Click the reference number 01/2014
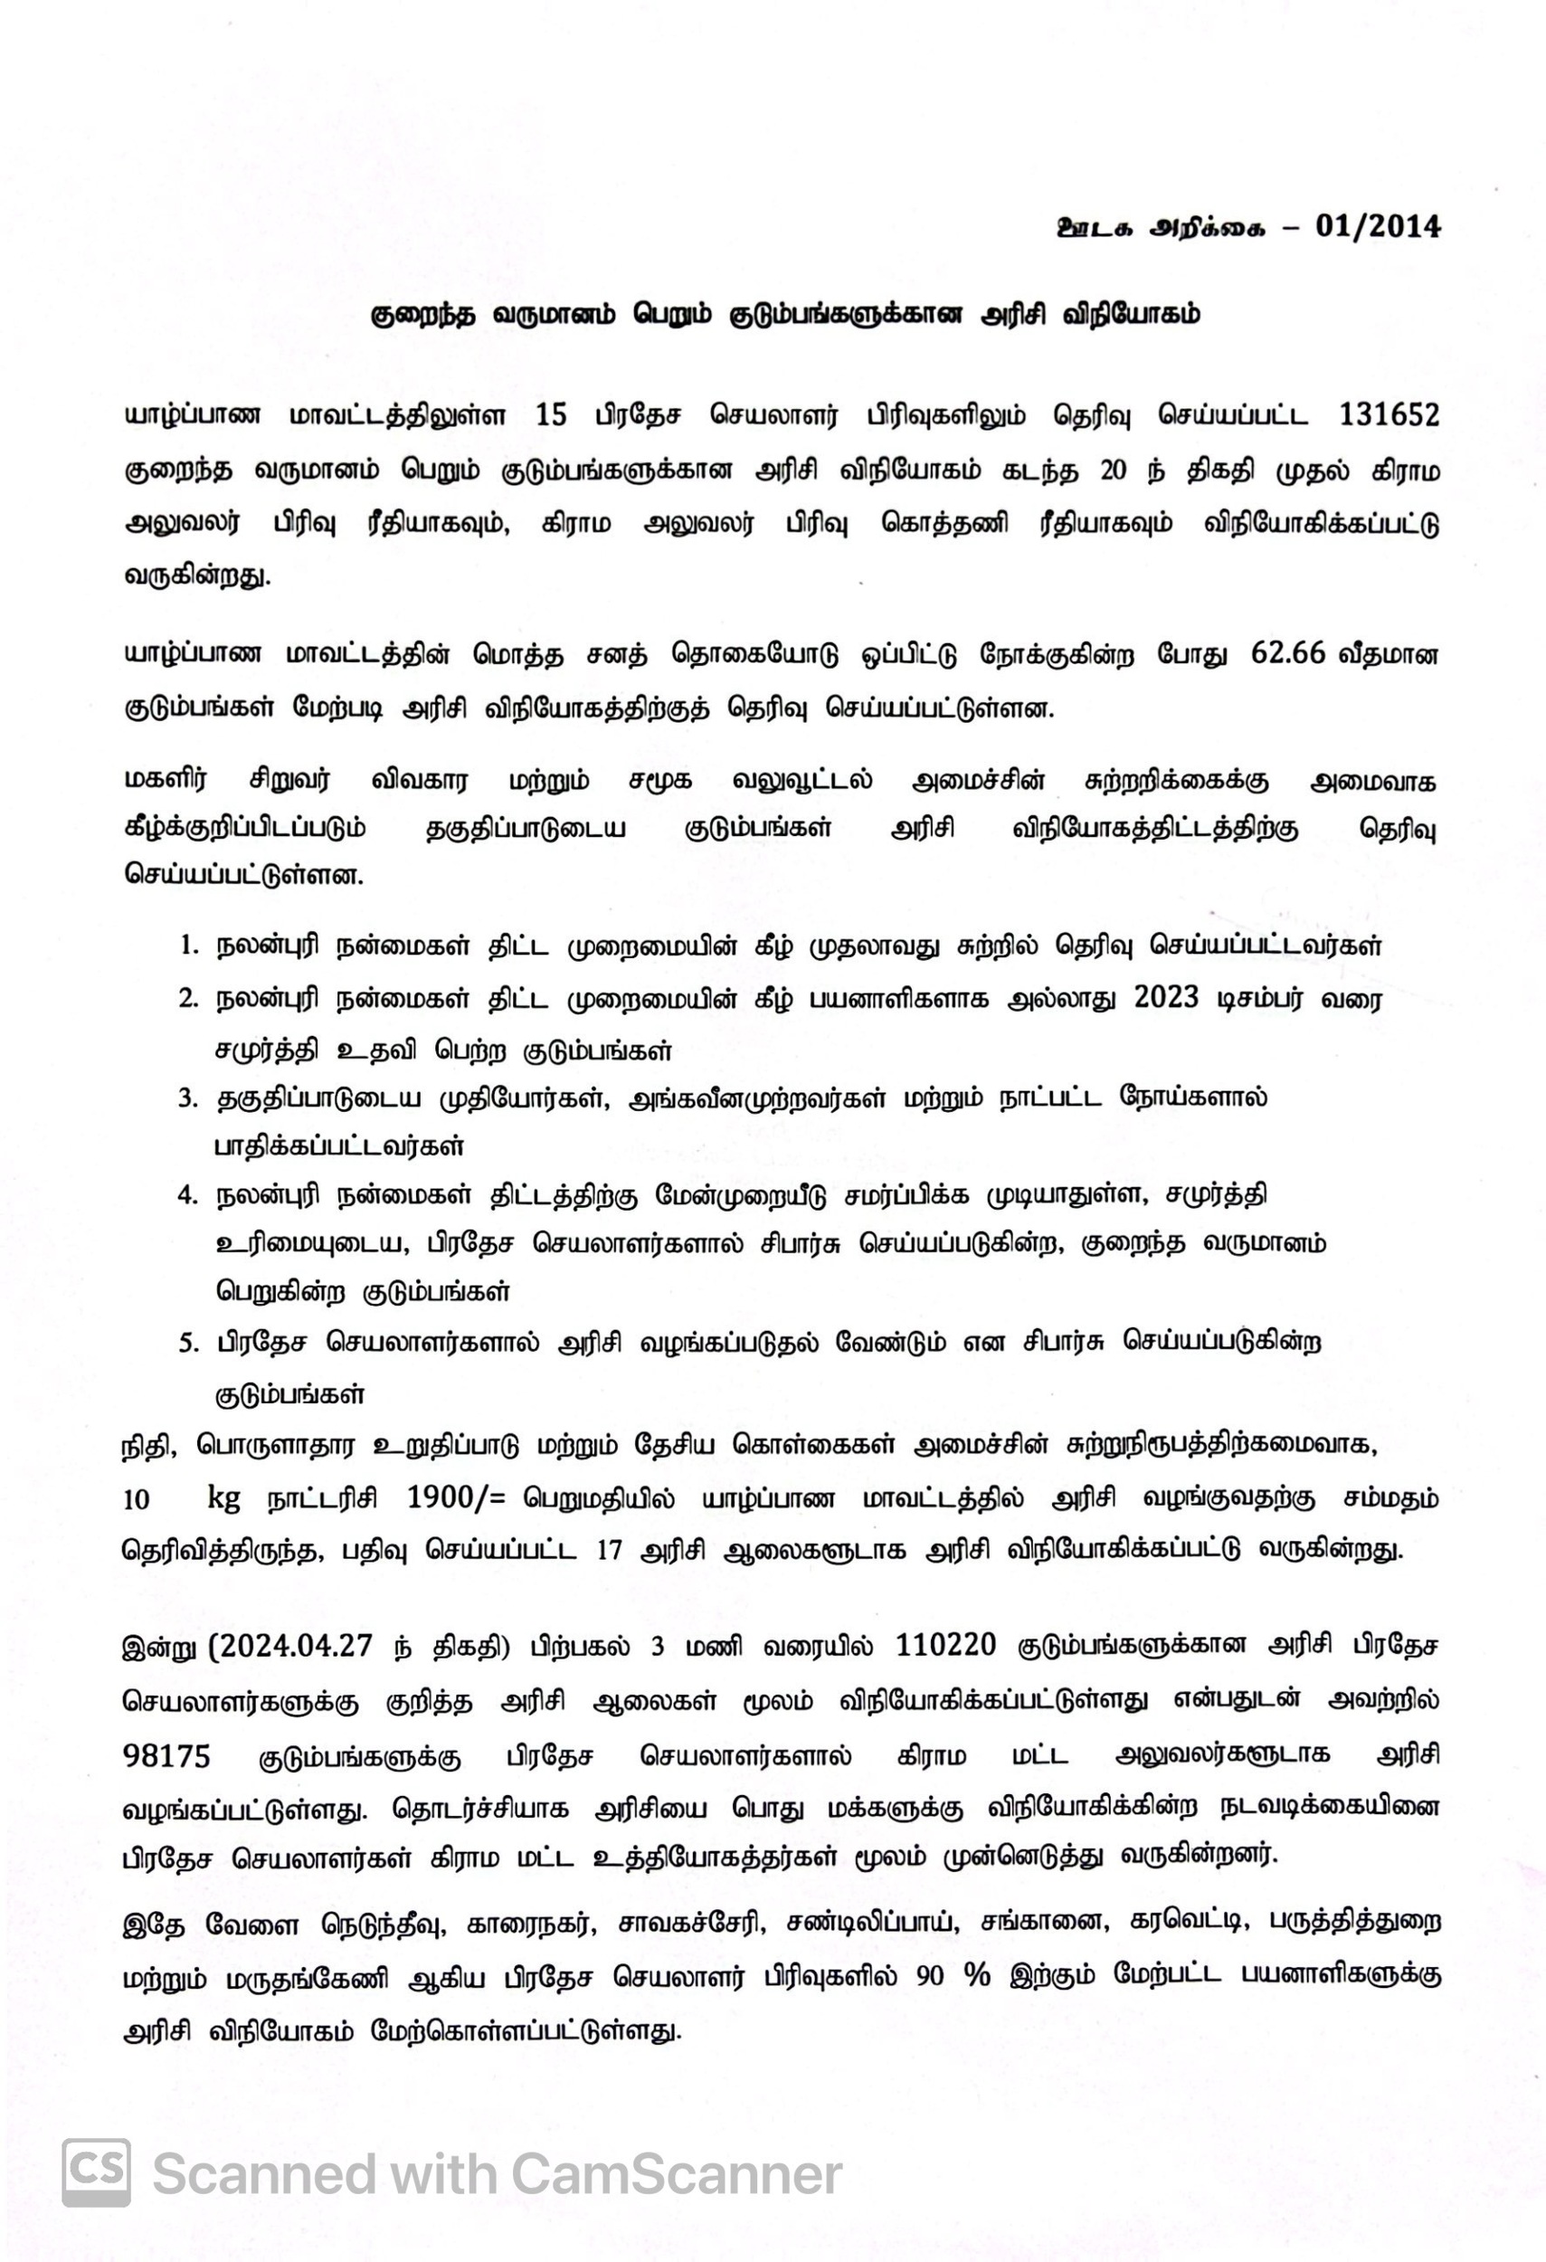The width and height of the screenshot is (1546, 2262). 1377,226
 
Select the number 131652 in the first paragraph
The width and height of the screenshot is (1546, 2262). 1389,415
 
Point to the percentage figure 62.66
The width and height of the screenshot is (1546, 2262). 1288,653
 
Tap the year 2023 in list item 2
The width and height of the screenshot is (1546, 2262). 1167,999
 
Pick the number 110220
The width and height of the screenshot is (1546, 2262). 945,1645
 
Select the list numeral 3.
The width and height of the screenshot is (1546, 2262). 188,1099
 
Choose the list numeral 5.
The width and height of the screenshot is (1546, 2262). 188,1345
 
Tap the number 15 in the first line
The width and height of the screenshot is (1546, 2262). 551,415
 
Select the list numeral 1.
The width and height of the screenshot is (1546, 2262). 188,946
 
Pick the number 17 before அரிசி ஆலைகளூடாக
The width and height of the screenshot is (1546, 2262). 609,1551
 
